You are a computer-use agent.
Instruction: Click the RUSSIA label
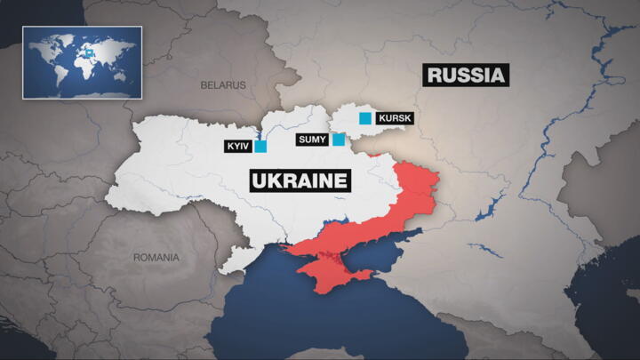[467, 75]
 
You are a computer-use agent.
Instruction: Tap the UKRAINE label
[300, 181]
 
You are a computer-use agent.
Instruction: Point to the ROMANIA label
[156, 257]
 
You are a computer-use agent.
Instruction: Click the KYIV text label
[238, 146]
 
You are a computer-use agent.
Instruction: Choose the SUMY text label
[312, 140]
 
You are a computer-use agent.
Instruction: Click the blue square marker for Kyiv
[260, 146]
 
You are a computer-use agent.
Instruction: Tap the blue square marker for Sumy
[339, 139]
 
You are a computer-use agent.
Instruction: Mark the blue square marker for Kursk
[364, 118]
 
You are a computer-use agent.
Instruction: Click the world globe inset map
[82, 62]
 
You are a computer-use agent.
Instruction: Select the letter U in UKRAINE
[260, 181]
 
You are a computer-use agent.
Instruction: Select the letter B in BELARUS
[203, 86]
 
